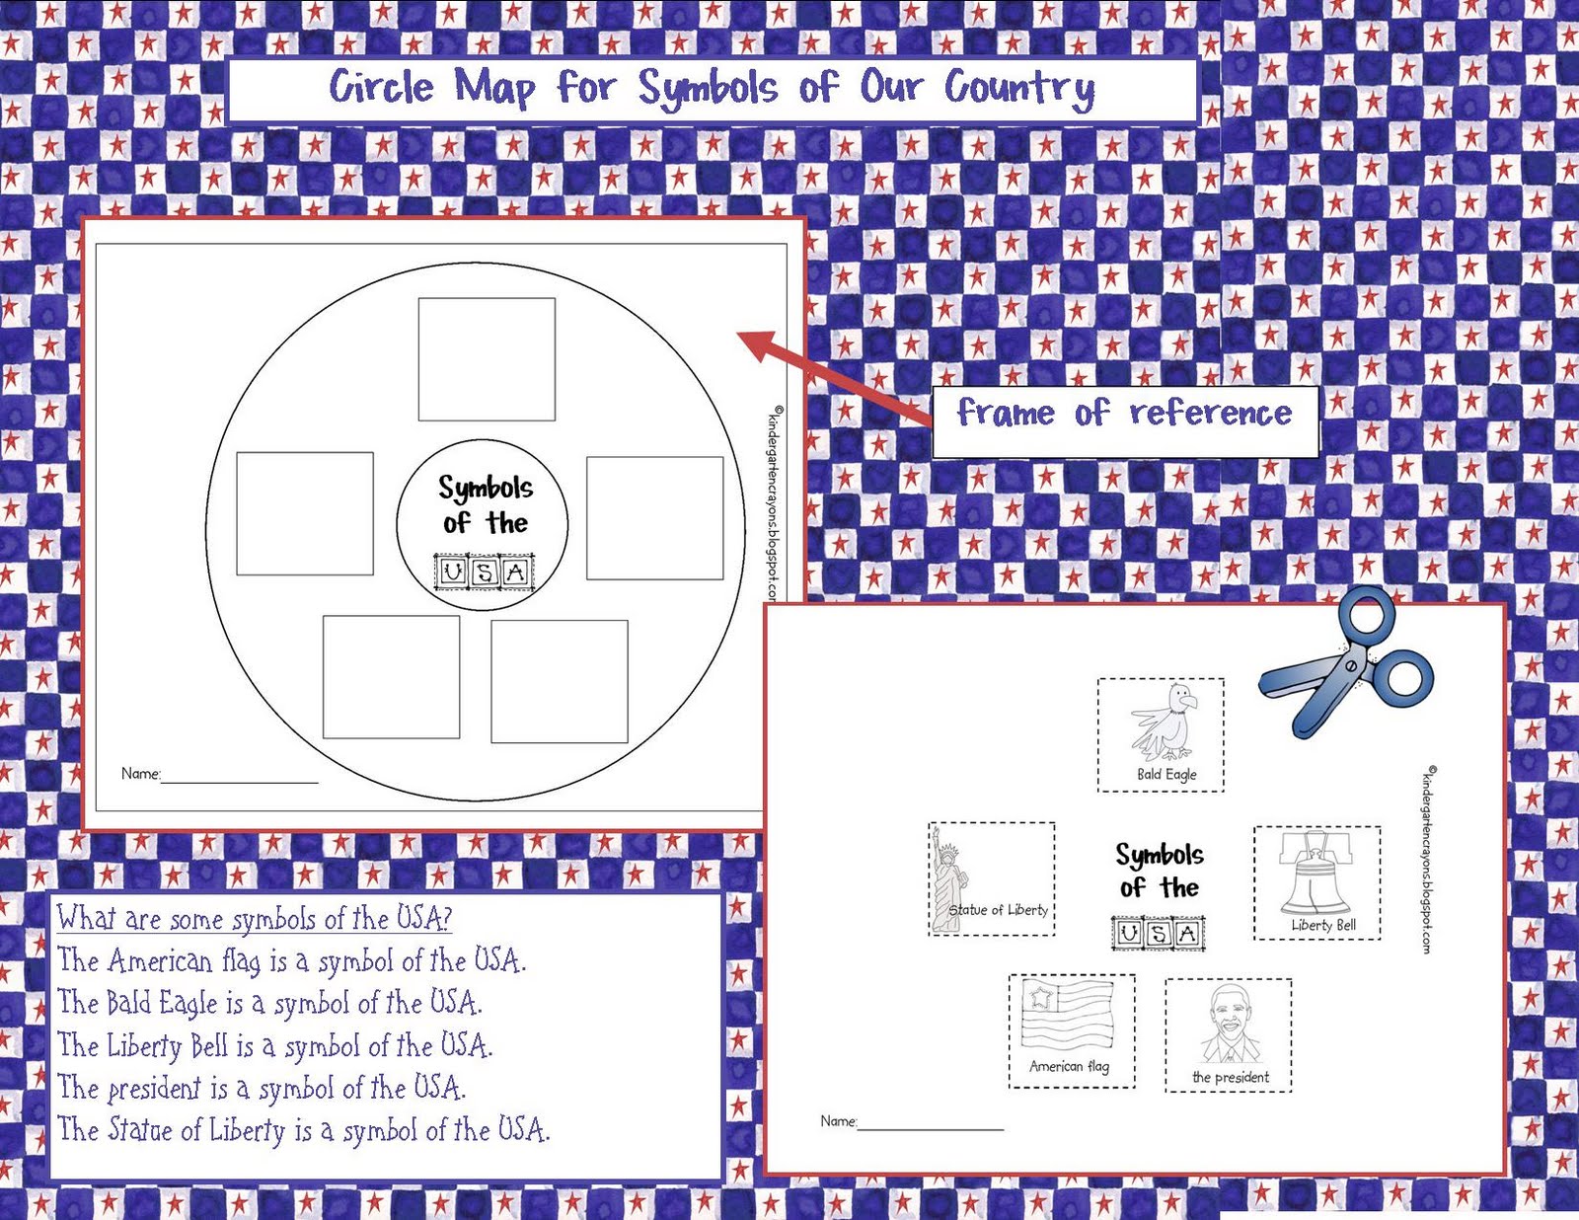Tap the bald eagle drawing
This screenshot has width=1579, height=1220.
1164,721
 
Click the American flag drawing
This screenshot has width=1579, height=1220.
1067,1015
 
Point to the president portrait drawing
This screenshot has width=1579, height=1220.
1229,1024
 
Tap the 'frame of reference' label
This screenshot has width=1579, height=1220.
1124,413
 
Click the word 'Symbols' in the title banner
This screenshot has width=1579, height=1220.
707,89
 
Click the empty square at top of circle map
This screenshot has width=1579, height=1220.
487,359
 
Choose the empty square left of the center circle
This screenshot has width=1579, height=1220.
305,513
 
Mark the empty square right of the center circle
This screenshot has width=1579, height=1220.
654,517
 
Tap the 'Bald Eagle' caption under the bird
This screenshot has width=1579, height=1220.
1166,775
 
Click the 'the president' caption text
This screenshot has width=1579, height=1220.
1231,1077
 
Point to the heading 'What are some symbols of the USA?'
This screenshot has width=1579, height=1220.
254,918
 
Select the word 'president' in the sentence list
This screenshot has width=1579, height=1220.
153,1088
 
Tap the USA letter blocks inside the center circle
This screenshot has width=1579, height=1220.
484,572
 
